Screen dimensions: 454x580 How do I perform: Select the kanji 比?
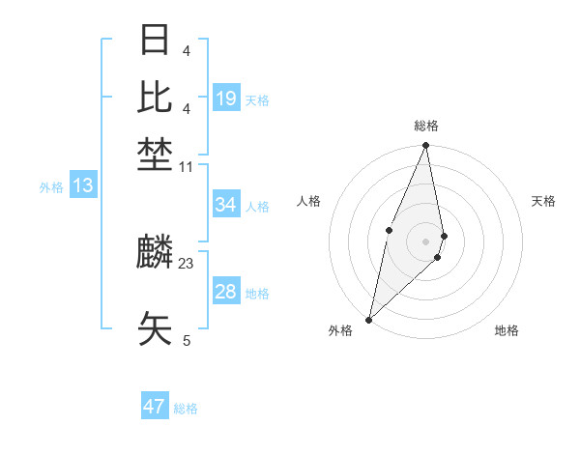coord(156,98)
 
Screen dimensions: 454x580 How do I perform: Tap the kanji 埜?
coord(156,152)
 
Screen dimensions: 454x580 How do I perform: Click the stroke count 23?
coord(187,264)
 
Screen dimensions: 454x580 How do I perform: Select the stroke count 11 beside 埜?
coord(187,167)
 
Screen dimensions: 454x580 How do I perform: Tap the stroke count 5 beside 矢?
coord(187,340)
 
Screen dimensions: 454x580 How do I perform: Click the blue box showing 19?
coord(226,99)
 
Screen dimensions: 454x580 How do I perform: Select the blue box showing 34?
coord(226,205)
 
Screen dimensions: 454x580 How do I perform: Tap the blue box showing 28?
coord(226,292)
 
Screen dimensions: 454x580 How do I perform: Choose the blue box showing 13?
coord(82,185)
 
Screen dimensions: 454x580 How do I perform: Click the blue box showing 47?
coord(154,407)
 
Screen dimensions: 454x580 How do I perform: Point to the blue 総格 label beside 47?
coord(186,409)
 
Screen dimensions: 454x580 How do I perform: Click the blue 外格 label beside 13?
coord(51,187)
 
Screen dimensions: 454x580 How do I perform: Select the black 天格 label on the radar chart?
coord(544,201)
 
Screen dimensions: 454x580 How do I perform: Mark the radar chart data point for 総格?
coord(425,146)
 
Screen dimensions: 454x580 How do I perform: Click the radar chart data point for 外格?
coord(369,319)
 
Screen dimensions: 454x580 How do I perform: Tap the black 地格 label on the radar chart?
coord(507,330)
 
